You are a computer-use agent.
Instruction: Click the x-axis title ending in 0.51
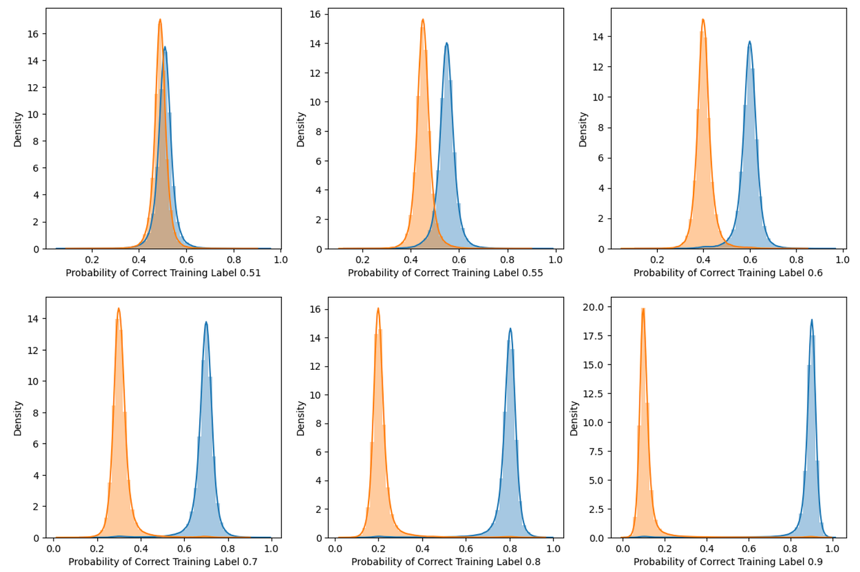pos(163,273)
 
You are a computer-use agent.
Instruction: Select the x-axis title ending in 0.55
pos(445,273)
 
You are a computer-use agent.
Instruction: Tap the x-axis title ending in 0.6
pos(728,273)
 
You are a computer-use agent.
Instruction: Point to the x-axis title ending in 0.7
pos(163,562)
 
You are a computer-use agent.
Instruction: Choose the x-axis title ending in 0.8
pos(446,562)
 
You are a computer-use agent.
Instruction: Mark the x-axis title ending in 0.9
pos(728,562)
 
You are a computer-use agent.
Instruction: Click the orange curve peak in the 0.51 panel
pos(160,20)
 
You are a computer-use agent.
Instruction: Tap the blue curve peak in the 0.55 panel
pos(447,43)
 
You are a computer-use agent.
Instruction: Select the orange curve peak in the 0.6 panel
pos(703,20)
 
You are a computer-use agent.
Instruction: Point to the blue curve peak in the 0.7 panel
pos(206,322)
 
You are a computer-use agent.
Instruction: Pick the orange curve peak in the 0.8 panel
pos(378,308)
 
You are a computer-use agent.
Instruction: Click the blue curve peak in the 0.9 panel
pos(811,319)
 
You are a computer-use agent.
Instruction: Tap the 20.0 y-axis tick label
pos(592,307)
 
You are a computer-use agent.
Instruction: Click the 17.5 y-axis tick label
pos(592,335)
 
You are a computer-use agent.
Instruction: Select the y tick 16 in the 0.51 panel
pos(33,34)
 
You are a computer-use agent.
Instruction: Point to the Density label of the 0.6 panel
pos(583,129)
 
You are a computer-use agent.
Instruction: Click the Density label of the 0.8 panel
pos(301,418)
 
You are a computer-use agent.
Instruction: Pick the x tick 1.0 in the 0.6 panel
pos(843,260)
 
